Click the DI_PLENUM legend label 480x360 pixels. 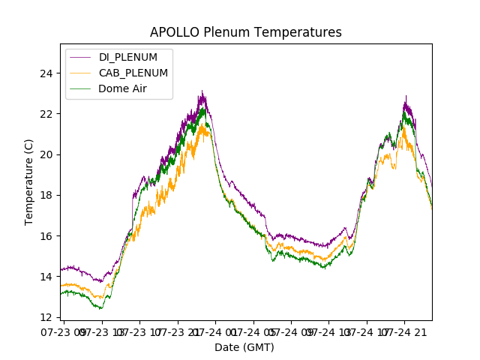pyautogui.click(x=128, y=58)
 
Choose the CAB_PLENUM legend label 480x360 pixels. pyautogui.click(x=133, y=73)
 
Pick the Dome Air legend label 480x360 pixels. pyautogui.click(x=123, y=88)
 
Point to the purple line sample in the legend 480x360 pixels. pyautogui.click(x=82, y=58)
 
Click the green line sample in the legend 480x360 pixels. pyautogui.click(x=82, y=88)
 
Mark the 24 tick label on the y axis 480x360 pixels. pyautogui.click(x=46, y=73)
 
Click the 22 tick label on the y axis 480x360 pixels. pyautogui.click(x=46, y=114)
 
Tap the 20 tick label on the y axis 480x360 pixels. pyautogui.click(x=46, y=154)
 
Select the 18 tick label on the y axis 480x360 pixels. pyautogui.click(x=46, y=195)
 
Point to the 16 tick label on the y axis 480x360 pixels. pyautogui.click(x=46, y=236)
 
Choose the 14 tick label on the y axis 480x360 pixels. pyautogui.click(x=46, y=277)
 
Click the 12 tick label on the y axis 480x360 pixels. pyautogui.click(x=46, y=317)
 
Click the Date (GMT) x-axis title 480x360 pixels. pyautogui.click(x=244, y=347)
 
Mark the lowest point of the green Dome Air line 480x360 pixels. pyautogui.click(x=101, y=308)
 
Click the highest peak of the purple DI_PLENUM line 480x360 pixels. pyautogui.click(x=201, y=91)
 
